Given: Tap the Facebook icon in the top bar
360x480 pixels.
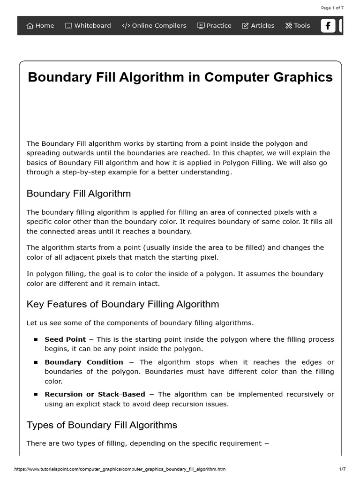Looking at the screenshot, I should pyautogui.click(x=328, y=26).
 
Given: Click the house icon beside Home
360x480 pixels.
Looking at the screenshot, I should pyautogui.click(x=30, y=26).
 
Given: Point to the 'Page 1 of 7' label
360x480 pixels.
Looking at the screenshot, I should pyautogui.click(x=332, y=8).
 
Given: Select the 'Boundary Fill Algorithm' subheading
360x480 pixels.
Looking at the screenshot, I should pyautogui.click(x=79, y=194).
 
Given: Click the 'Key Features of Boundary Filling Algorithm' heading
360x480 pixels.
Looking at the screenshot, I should pyautogui.click(x=123, y=304).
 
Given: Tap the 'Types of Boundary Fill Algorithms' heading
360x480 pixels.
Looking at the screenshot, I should pyautogui.click(x=102, y=425).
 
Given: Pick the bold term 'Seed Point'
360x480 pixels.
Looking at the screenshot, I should pyautogui.click(x=65, y=339).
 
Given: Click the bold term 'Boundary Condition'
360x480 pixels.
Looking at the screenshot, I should pyautogui.click(x=84, y=362).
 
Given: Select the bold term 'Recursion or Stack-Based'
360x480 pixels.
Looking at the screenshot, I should pyautogui.click(x=95, y=394).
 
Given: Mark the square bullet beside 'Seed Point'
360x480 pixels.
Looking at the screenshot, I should pyautogui.click(x=36, y=340).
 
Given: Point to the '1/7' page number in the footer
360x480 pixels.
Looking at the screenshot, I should pyautogui.click(x=342, y=469).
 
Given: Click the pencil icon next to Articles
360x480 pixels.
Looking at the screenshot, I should pyautogui.click(x=245, y=26).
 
